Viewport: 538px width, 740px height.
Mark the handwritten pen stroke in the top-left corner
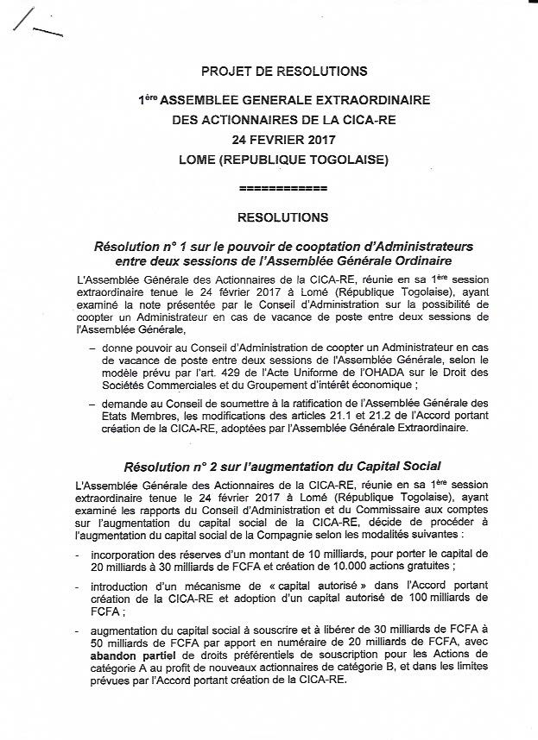coord(40,26)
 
